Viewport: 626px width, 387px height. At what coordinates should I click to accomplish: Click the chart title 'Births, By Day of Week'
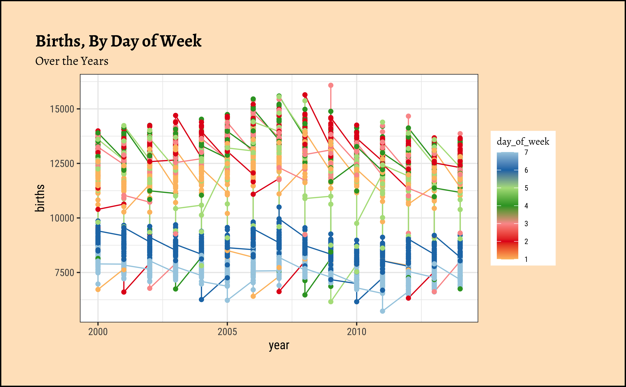[118, 41]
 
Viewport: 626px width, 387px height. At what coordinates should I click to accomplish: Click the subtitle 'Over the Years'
[72, 61]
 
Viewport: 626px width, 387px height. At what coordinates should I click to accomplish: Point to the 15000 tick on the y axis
[62, 109]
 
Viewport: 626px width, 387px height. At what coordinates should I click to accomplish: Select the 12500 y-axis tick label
[62, 164]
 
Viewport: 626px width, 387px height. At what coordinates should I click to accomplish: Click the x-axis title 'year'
[279, 346]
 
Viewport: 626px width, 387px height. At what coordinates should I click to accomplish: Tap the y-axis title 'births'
[40, 198]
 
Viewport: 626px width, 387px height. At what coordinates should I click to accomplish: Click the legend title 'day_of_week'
[523, 142]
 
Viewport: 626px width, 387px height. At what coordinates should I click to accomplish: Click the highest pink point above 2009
[331, 85]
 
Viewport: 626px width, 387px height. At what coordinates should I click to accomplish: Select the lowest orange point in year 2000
[98, 289]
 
